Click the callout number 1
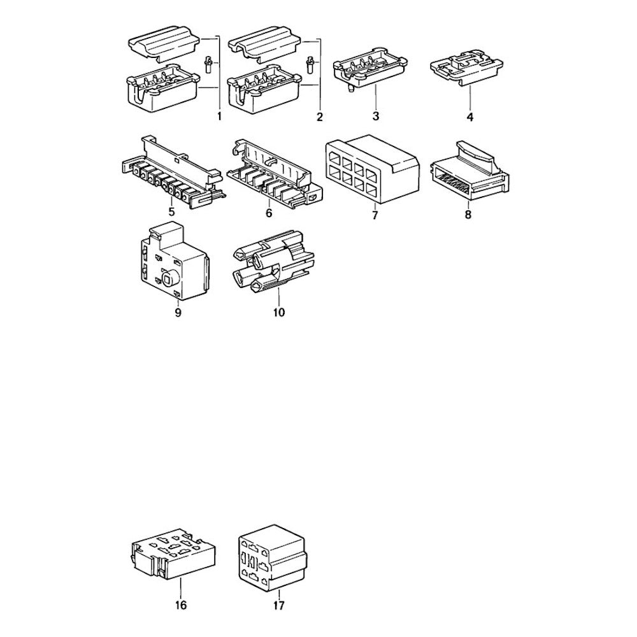219,117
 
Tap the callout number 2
320,117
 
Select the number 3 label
376,116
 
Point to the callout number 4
470,117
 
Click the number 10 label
280,312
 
